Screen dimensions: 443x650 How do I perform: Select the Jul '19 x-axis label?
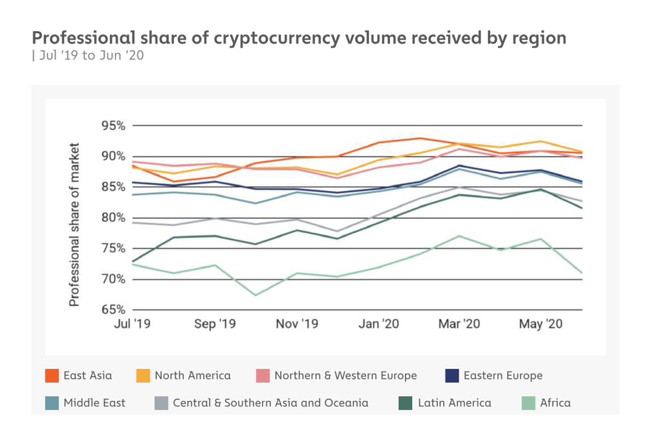[132, 324]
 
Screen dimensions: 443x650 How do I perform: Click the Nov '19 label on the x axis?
[296, 324]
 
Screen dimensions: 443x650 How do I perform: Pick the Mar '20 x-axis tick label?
[459, 324]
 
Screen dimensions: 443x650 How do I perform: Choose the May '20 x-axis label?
[541, 324]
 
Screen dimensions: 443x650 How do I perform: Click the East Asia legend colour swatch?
[52, 376]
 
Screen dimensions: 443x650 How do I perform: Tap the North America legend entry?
[192, 376]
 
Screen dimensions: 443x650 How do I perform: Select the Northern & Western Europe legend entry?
[345, 376]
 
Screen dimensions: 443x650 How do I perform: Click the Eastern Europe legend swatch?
[452, 376]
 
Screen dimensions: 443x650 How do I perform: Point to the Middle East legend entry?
[94, 403]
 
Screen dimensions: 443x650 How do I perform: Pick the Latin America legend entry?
[454, 403]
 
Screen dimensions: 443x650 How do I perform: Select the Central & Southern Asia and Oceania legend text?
[270, 403]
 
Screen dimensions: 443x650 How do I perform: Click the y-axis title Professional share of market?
[75, 224]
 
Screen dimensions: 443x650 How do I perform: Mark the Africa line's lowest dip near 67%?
[255, 295]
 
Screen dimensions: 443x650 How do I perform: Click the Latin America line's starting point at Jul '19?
[132, 262]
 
